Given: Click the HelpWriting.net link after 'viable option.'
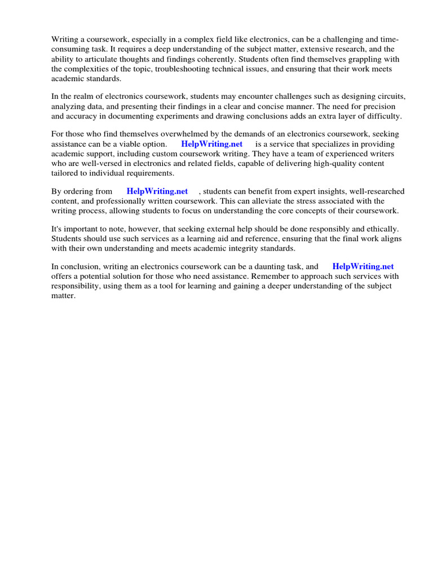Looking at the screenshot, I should tap(211, 144).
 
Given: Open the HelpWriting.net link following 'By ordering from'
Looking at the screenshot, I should tap(157, 191).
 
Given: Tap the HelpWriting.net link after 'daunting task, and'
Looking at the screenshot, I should tap(363, 266).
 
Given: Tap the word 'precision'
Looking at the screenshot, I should tap(378, 106).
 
